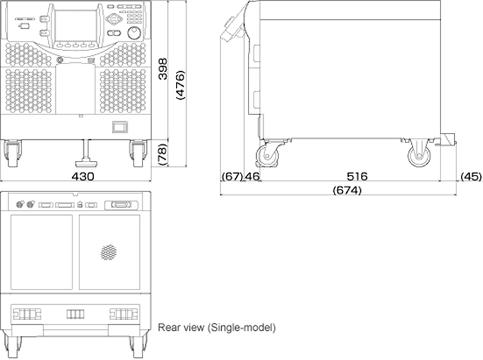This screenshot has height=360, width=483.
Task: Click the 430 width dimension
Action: [83, 176]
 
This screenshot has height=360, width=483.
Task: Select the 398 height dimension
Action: [163, 69]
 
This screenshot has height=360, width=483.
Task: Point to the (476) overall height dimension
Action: [180, 85]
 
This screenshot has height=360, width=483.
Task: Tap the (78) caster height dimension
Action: [162, 154]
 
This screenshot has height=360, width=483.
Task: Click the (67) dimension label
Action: [233, 176]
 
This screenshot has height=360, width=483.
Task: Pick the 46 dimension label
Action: [252, 176]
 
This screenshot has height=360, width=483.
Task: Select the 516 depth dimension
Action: [357, 176]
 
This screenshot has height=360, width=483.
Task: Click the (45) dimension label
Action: [471, 176]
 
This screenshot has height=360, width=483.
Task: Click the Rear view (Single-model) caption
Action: [217, 328]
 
